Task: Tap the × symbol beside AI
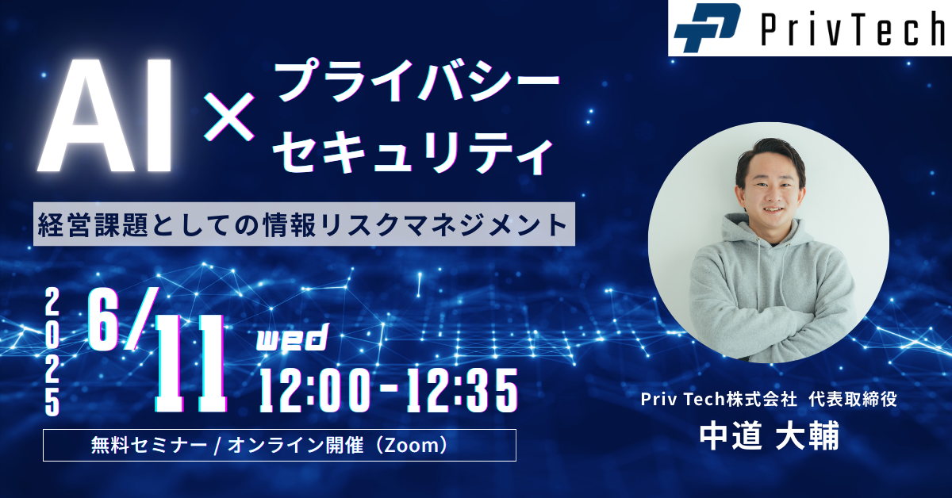coord(229,117)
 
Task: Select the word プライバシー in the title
coord(418,81)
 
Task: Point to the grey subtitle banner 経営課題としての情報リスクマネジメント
coord(304,224)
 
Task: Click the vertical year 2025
coord(52,352)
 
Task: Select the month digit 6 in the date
coord(103,319)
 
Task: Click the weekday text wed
coord(294,337)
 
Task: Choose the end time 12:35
coord(462,390)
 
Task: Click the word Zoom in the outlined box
coord(413,446)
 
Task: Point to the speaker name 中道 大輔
coord(770,435)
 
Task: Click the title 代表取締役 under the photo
coord(853,399)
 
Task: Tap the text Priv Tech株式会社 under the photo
coord(719,399)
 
